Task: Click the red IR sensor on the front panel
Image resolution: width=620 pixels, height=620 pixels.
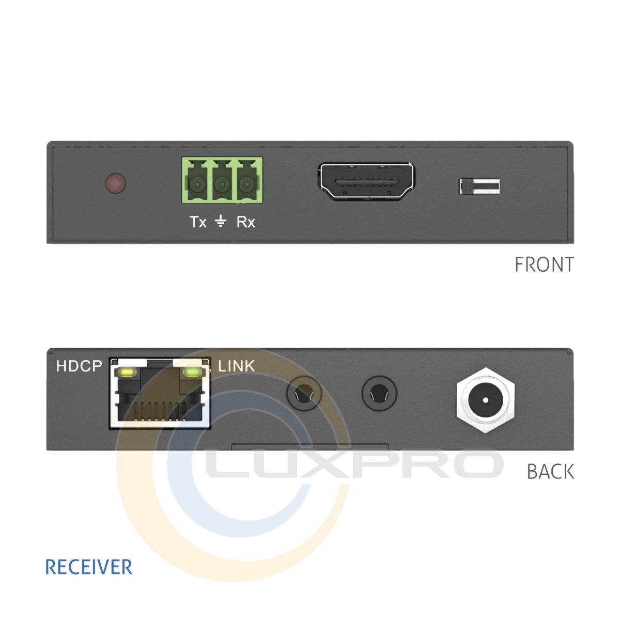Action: point(116,183)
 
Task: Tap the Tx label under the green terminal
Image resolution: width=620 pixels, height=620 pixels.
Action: point(198,222)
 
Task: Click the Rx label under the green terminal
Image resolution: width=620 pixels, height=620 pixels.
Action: point(246,222)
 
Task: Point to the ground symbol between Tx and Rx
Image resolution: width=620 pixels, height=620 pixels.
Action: point(221,221)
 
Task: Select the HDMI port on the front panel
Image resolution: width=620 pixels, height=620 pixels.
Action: point(366,181)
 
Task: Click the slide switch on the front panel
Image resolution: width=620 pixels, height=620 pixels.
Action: point(479,187)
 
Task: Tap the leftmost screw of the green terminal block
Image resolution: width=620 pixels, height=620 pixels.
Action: point(197,184)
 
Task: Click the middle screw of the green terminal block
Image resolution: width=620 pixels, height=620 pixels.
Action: point(222,184)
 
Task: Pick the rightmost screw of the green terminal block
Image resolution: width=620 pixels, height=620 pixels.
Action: point(246,184)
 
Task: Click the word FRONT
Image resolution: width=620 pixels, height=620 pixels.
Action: point(545,265)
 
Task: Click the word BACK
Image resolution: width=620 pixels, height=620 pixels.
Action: point(550,472)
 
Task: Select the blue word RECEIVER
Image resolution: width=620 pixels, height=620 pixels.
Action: point(89,567)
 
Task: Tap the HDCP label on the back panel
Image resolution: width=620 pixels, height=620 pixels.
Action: point(79,366)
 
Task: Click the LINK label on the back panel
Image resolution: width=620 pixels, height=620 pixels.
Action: point(237,366)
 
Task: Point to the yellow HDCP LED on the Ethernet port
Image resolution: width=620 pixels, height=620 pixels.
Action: point(128,373)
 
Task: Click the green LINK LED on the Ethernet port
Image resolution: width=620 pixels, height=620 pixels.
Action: point(192,373)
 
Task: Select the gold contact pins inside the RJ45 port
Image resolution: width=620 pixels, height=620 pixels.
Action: point(160,411)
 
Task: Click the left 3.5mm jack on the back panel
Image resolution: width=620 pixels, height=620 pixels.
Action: point(304,394)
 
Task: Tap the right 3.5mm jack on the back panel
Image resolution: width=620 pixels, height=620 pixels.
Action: point(379,394)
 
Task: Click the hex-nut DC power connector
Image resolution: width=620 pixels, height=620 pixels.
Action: point(486,400)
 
